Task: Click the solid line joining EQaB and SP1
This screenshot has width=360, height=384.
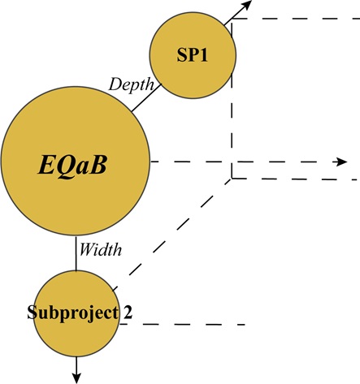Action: tap(143, 100)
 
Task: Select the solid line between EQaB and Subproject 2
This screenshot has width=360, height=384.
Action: tap(76, 252)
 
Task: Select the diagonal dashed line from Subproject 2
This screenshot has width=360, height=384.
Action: tap(171, 235)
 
